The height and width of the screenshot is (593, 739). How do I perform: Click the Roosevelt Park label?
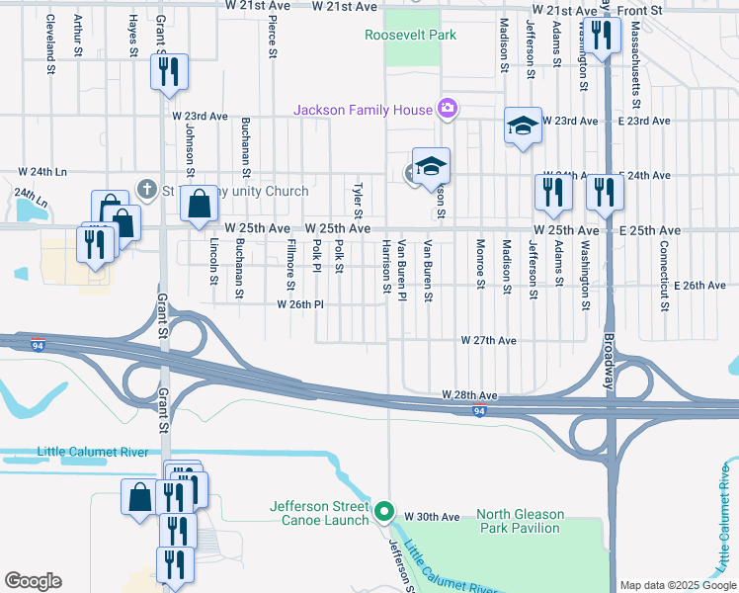(x=411, y=35)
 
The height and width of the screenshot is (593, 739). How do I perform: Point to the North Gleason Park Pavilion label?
(x=520, y=521)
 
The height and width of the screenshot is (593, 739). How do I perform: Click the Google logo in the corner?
(x=33, y=581)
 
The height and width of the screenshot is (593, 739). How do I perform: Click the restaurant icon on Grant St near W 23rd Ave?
(x=169, y=70)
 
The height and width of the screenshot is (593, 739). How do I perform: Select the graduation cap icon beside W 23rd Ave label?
(x=523, y=125)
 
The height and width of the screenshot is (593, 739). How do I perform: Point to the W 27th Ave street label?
(x=489, y=340)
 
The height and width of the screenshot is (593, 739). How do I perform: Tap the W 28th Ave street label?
(x=469, y=394)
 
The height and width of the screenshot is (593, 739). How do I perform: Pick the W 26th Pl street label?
(x=300, y=304)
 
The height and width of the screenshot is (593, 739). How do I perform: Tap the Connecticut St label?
(x=664, y=262)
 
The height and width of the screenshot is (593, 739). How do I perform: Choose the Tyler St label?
(x=359, y=200)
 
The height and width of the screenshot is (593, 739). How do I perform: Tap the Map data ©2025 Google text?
(x=677, y=584)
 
